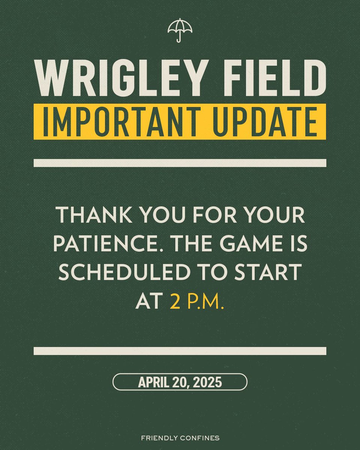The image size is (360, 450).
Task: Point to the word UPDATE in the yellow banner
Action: tap(268, 122)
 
